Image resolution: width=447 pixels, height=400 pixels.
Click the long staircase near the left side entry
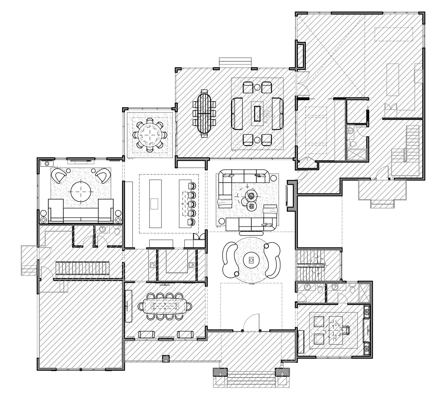coord(82,268)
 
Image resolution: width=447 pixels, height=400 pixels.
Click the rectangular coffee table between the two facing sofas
coord(257,113)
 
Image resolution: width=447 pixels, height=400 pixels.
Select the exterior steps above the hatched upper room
coord(235,61)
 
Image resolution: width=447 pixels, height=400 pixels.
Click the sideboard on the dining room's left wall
coord(129,306)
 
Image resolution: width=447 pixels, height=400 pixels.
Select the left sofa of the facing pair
coord(237,113)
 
